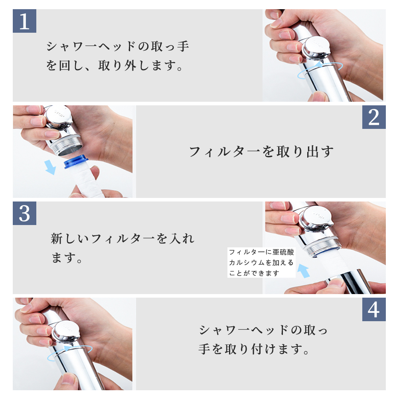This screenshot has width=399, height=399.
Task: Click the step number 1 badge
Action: point(24,21)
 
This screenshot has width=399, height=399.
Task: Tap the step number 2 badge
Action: point(374,117)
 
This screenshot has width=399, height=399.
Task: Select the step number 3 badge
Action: point(24,213)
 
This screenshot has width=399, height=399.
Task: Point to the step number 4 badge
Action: point(374,310)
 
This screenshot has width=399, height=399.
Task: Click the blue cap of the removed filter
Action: point(76,162)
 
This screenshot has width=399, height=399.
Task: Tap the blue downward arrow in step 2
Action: point(50,167)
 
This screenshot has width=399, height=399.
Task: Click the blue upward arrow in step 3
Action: point(304,271)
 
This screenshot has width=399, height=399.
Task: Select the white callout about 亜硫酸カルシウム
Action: point(261,263)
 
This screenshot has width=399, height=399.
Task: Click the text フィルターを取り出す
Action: point(261,152)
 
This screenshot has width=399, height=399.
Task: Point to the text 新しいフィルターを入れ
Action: point(122,239)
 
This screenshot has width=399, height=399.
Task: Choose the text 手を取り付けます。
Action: point(254,349)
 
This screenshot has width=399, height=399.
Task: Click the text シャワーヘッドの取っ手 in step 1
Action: point(118,46)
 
